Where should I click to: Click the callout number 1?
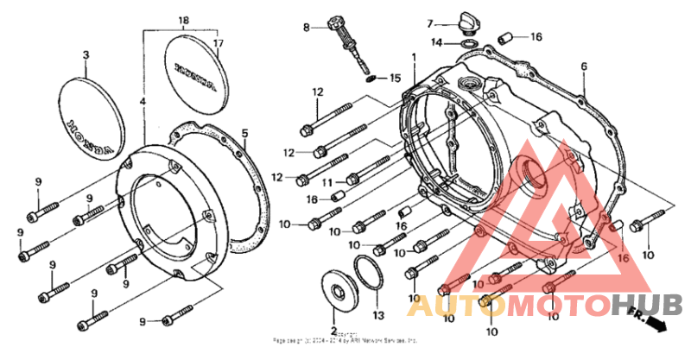tap(414, 57)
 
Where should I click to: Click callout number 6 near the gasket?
tap(584, 67)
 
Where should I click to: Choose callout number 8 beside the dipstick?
tap(305, 28)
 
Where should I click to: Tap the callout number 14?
tap(438, 41)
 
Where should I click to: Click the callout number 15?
tap(395, 78)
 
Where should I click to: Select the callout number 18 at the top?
tap(183, 19)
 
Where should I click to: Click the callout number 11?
tap(327, 182)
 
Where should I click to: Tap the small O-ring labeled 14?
tap(467, 41)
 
